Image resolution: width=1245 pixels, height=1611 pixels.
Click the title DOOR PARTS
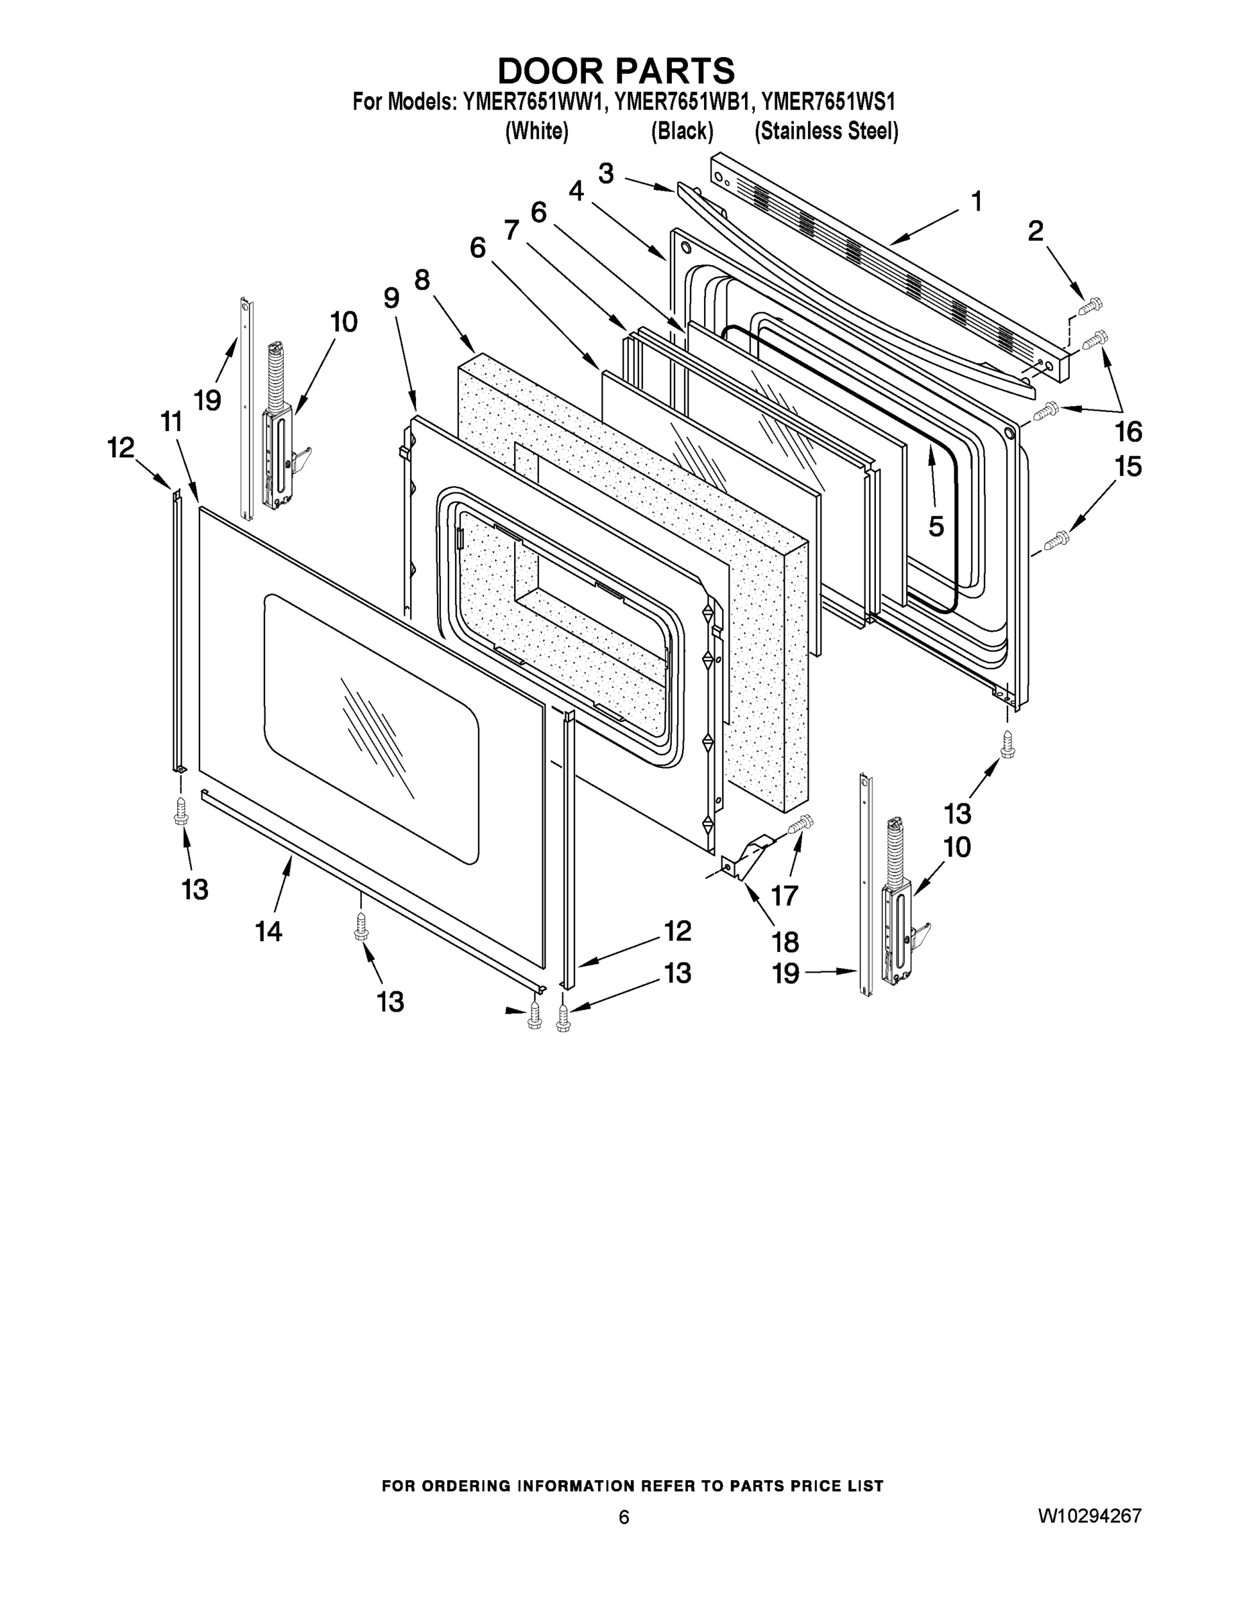[x=616, y=72]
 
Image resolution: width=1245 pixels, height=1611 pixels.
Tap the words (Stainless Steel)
[x=826, y=132]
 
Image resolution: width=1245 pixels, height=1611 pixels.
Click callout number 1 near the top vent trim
[x=977, y=201]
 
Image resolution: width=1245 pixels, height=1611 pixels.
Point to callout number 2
[x=1036, y=232]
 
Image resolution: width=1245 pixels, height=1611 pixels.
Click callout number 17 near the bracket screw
[x=785, y=895]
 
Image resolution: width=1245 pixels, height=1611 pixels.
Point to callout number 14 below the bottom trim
[x=268, y=932]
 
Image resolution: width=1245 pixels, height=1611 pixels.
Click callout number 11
[x=171, y=422]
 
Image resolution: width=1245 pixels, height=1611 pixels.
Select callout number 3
[x=605, y=173]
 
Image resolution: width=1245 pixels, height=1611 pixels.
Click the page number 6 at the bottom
[x=624, y=1517]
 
